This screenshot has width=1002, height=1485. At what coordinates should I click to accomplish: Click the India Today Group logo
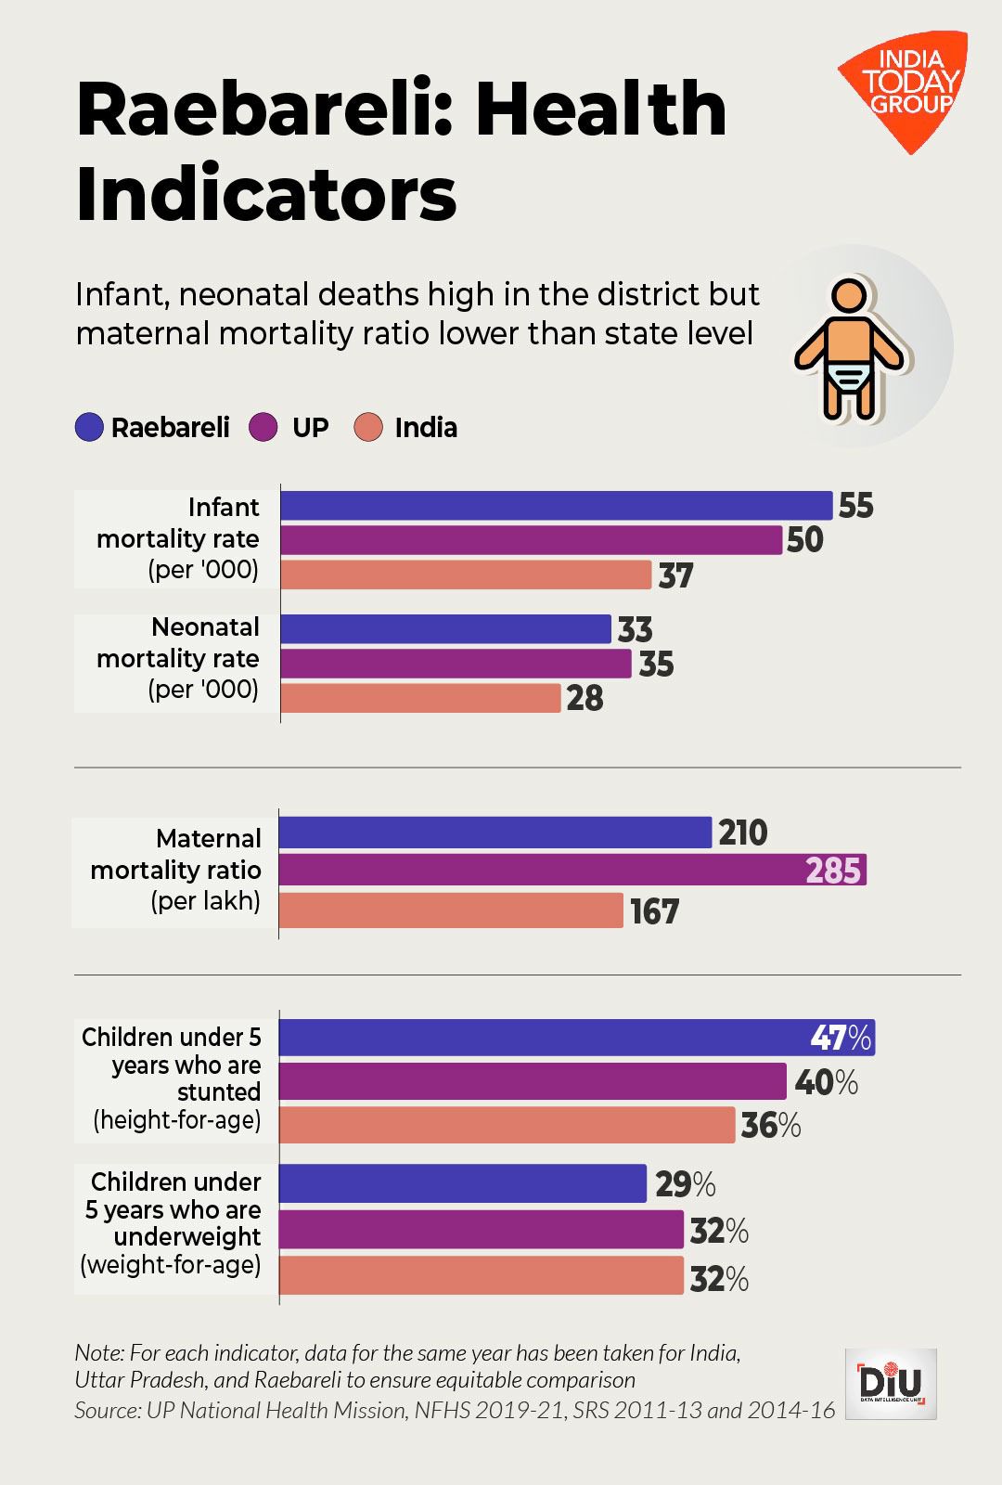[905, 89]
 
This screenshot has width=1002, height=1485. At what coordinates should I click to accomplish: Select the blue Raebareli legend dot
[90, 428]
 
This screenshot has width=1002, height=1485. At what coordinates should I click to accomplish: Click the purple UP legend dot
[264, 428]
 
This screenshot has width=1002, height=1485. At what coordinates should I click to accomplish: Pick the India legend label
[426, 428]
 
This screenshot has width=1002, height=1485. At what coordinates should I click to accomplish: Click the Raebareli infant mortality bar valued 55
[557, 506]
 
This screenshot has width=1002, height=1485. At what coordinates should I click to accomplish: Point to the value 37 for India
[676, 576]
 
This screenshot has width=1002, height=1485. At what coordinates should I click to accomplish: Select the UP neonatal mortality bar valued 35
[456, 664]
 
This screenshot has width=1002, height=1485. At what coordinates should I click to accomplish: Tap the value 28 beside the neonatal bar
[585, 699]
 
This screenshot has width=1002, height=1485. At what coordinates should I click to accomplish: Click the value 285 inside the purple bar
[833, 871]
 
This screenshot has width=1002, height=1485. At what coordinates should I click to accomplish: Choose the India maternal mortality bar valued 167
[452, 910]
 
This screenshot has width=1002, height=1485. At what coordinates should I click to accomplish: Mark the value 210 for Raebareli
[743, 833]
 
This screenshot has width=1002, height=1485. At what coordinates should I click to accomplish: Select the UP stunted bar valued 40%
[533, 1081]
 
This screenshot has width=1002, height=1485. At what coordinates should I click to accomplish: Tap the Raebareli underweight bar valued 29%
[463, 1183]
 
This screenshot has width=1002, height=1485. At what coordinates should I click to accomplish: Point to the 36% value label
[770, 1126]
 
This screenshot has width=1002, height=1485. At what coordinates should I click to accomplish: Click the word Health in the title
[609, 109]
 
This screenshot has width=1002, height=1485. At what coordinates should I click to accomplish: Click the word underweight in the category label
[187, 1237]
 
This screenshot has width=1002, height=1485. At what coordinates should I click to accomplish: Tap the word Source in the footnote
[105, 1411]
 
